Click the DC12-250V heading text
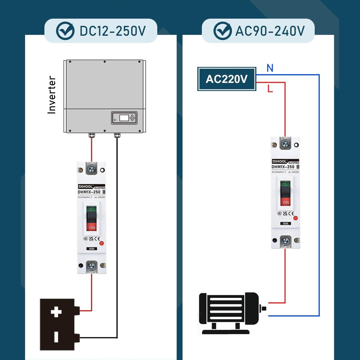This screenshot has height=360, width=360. click(112, 31)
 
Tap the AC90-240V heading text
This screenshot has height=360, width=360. click(270, 31)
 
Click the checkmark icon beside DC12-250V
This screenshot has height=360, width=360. click(65, 31)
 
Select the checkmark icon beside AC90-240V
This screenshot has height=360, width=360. click(222, 31)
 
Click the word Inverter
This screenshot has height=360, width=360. click(52, 95)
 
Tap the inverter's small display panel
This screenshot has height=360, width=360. click(124, 118)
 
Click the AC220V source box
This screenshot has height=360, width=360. click(226, 79)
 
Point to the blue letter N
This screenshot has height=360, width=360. click(270, 68)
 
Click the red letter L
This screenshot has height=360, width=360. click(270, 88)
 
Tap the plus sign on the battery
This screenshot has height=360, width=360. click(56, 312)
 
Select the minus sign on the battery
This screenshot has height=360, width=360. click(56, 337)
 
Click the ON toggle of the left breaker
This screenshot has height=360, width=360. click(92, 226)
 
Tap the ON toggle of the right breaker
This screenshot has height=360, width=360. click(286, 202)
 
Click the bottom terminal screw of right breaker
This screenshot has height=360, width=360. click(285, 241)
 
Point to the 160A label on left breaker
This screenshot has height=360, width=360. click(92, 249)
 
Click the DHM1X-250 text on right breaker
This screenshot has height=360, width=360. click(283, 167)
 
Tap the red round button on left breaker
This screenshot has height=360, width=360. click(101, 244)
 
